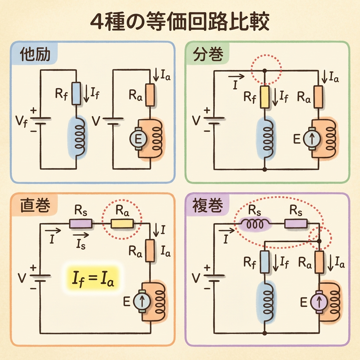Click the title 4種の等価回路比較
click(x=180, y=23)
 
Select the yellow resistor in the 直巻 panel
click(x=122, y=223)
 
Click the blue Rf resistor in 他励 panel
click(x=76, y=93)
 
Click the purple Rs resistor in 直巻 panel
click(x=80, y=223)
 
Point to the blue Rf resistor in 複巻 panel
click(x=265, y=262)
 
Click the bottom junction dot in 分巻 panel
click(x=265, y=169)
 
